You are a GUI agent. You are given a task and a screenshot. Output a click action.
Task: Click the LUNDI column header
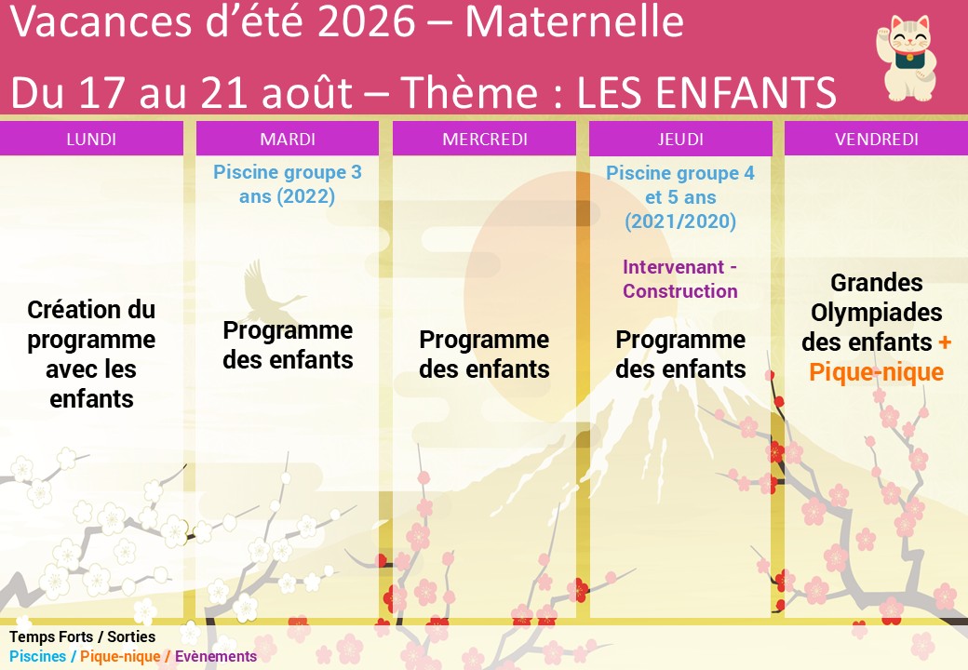click(x=91, y=139)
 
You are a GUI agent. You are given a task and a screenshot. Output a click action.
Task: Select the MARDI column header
click(x=288, y=139)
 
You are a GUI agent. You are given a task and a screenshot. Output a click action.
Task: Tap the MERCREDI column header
click(x=485, y=139)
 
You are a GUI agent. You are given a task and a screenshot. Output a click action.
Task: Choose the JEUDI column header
click(x=680, y=139)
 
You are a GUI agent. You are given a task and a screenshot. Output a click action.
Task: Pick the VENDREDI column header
click(x=877, y=139)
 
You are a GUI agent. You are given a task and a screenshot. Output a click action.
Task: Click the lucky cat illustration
click(x=905, y=59)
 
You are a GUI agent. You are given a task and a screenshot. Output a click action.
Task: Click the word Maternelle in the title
click(x=574, y=21)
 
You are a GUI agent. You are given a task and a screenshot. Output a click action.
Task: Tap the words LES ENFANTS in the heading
click(x=706, y=92)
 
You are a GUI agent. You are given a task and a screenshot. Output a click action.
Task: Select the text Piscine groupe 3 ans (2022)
click(x=287, y=184)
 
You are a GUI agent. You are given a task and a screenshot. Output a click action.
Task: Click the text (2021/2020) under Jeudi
click(x=680, y=221)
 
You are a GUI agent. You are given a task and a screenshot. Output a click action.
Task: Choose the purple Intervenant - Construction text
click(x=679, y=279)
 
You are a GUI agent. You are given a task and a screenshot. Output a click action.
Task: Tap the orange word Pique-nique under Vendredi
click(x=876, y=372)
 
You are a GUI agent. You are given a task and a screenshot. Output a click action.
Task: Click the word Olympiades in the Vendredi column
click(x=877, y=312)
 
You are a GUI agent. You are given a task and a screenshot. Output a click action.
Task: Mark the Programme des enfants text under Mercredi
click(x=484, y=355)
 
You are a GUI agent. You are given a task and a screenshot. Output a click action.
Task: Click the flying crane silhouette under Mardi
click(x=272, y=291)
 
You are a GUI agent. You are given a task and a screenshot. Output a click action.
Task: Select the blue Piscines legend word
click(x=37, y=656)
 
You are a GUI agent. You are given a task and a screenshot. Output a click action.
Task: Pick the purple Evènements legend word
click(x=215, y=656)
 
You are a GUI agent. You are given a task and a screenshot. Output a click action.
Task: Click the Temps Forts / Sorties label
click(x=82, y=636)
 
